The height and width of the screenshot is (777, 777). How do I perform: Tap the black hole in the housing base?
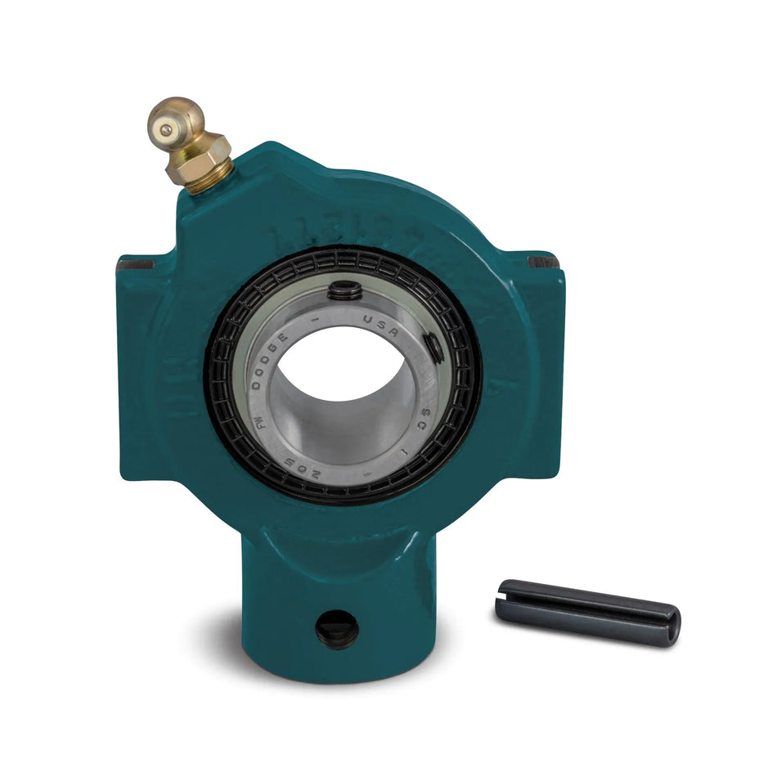[x=337, y=630]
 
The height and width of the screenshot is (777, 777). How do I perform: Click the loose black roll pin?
[x=586, y=611]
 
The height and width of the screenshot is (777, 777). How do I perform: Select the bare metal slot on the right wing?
[x=543, y=262]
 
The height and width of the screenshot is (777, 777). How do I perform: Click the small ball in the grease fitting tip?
[x=166, y=129]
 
